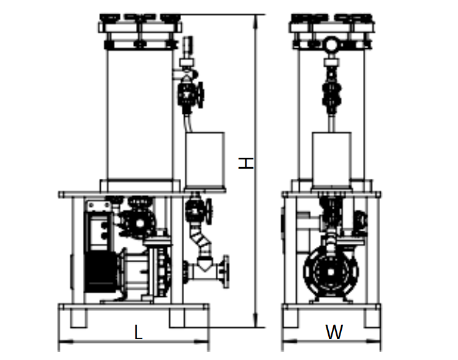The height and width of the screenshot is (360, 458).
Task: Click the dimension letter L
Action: pyautogui.click(x=138, y=332)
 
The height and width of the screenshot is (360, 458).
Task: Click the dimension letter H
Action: pyautogui.click(x=246, y=163)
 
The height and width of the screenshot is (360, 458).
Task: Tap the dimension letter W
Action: pyautogui.click(x=334, y=332)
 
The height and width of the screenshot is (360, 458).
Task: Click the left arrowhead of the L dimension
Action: pyautogui.click(x=66, y=341)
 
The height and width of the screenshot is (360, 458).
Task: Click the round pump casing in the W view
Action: pyautogui.click(x=331, y=272)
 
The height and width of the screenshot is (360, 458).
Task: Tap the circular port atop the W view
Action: pyautogui.click(x=331, y=45)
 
